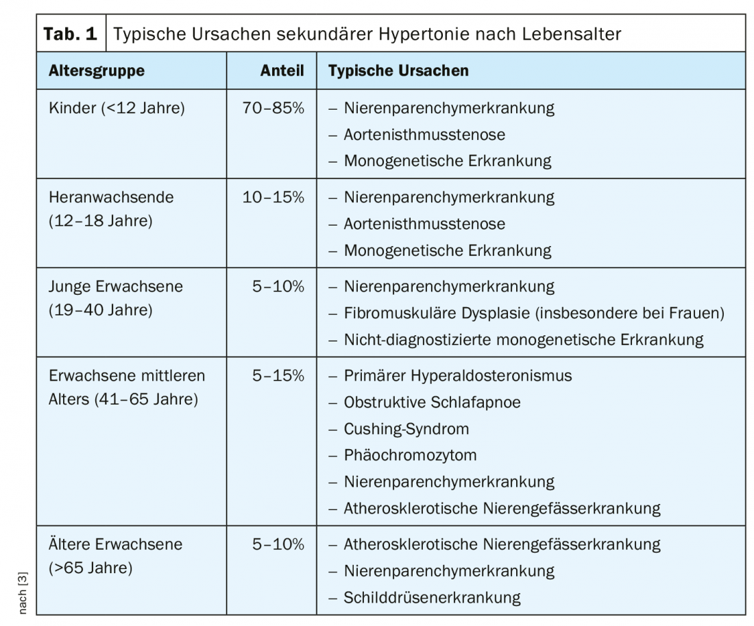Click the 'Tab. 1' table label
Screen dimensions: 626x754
point(71,34)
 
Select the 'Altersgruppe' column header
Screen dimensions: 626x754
point(97,71)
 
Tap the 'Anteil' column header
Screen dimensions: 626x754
point(282,71)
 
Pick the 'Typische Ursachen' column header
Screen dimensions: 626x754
point(398,71)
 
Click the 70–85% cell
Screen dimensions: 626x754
point(273,108)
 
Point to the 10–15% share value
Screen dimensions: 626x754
point(273,197)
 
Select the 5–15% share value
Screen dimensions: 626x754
point(278,376)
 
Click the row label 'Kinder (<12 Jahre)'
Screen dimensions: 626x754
point(117,108)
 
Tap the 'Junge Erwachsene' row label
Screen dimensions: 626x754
point(116,287)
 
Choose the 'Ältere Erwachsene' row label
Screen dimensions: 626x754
point(115,544)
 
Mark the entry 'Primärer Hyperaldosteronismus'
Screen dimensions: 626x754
point(457,376)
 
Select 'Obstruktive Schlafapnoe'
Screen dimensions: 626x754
point(432,402)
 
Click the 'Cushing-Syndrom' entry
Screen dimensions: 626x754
point(406,429)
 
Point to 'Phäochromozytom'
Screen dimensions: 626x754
point(410,455)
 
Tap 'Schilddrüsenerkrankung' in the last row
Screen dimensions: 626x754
point(432,597)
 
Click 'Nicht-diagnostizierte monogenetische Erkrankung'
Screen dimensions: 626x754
point(524,339)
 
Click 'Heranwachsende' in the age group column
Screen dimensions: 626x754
point(111,197)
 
